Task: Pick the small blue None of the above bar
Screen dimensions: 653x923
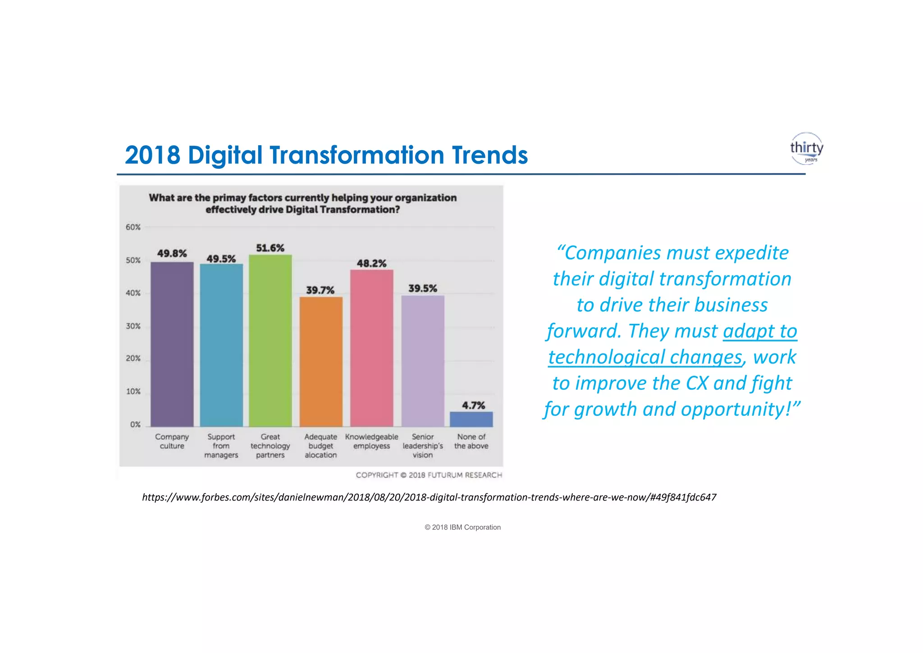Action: [x=471, y=419]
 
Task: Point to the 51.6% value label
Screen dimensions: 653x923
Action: [x=270, y=248]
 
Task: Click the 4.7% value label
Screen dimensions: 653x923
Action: [x=473, y=405]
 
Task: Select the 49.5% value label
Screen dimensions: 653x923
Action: [x=221, y=259]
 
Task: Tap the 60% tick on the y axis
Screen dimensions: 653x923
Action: [x=133, y=227]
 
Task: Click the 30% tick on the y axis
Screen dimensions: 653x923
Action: [x=133, y=326]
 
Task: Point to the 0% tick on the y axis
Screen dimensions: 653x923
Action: [x=135, y=424]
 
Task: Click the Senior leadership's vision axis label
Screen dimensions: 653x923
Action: [x=423, y=446]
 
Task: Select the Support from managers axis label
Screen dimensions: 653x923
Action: [x=221, y=446]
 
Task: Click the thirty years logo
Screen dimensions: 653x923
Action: [x=806, y=148]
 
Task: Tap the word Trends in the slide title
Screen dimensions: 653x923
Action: [x=489, y=155]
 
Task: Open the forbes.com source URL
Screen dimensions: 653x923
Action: [x=429, y=497]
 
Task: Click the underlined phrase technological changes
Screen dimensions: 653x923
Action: [x=644, y=357]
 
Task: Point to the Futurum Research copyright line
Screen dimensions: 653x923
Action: [x=429, y=475]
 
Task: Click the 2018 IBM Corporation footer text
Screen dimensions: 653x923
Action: [x=462, y=527]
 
